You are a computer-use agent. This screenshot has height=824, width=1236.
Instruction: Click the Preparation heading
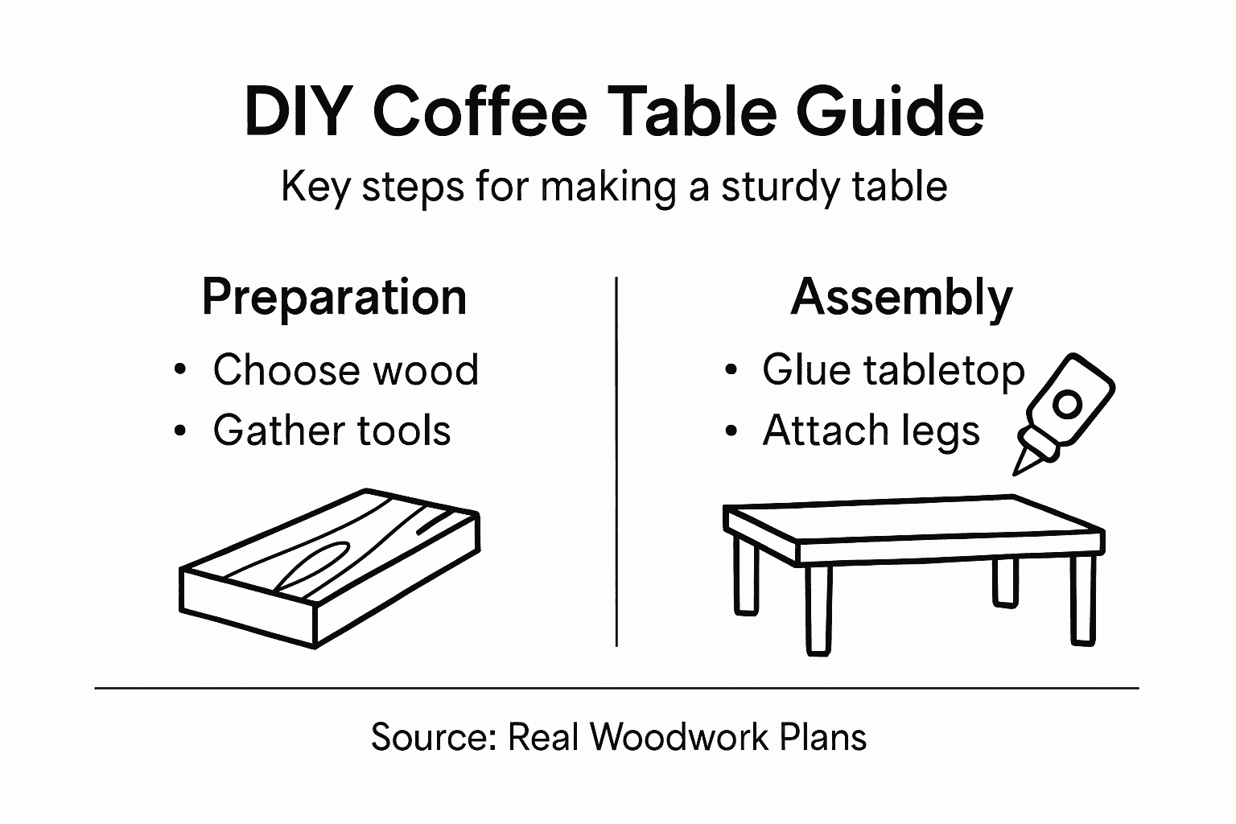tap(334, 298)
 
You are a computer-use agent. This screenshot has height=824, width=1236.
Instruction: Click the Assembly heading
tap(901, 298)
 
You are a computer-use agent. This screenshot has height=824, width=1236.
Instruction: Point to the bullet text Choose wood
tap(345, 370)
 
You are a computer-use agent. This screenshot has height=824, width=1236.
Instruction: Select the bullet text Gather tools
tap(332, 430)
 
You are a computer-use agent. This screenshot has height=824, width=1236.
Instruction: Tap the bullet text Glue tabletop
tap(893, 370)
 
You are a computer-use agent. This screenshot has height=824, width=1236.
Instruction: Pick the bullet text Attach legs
tap(871, 430)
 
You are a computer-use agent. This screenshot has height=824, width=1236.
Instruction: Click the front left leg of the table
tap(818, 608)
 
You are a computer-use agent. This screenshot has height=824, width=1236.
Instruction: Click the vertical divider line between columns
tap(616, 462)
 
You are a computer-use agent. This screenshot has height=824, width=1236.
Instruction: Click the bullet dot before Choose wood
tap(180, 371)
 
